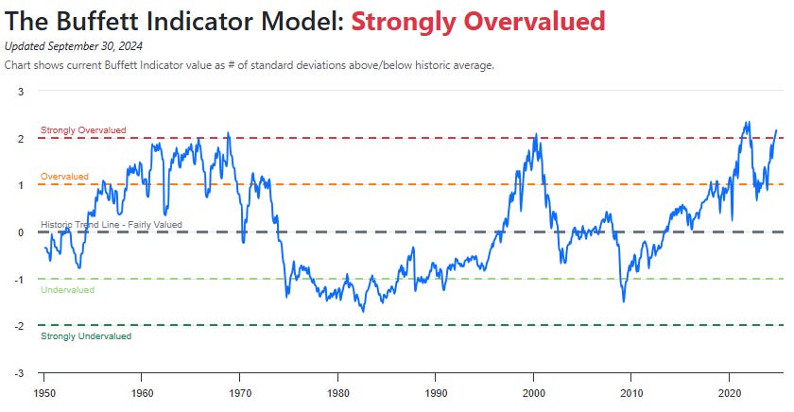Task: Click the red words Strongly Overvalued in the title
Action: (x=478, y=21)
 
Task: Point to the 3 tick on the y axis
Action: (x=21, y=91)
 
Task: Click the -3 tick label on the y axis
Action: (x=19, y=372)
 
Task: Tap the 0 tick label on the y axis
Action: (x=21, y=232)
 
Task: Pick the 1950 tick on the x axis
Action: (x=44, y=391)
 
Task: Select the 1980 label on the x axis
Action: (x=337, y=391)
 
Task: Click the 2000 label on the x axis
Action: (x=534, y=391)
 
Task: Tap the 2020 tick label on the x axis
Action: (x=730, y=391)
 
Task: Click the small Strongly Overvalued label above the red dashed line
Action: (x=83, y=130)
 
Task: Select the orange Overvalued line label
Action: (x=64, y=177)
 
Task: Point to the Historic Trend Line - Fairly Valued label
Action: (x=112, y=225)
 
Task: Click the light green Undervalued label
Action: (x=68, y=290)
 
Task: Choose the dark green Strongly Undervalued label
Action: (x=86, y=335)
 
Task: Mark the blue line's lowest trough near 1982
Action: (x=362, y=311)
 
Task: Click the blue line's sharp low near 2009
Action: (x=624, y=301)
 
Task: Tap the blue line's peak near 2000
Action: (x=535, y=135)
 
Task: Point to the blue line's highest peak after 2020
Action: (x=747, y=122)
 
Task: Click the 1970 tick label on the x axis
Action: (x=240, y=391)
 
